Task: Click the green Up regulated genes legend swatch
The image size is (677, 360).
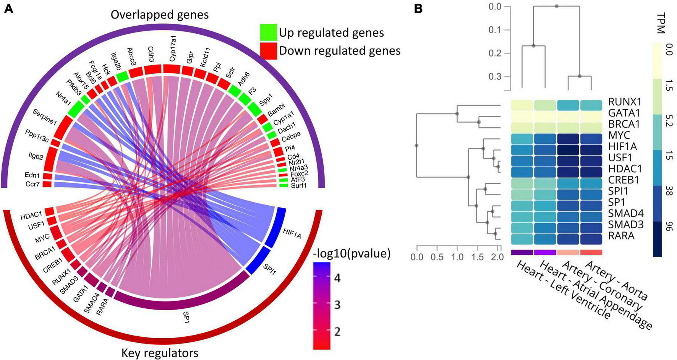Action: [268, 32]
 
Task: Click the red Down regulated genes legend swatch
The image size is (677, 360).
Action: [268, 51]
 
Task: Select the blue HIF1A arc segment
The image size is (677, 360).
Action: [276, 227]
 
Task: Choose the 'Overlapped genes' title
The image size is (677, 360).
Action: [160, 15]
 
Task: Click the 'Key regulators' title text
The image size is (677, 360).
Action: [160, 353]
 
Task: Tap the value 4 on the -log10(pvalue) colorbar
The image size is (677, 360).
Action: [337, 278]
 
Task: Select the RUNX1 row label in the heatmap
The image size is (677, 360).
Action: [624, 102]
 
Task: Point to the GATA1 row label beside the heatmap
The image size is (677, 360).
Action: [624, 113]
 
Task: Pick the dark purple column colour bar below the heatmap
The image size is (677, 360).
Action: [522, 252]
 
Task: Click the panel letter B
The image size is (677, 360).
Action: [418, 8]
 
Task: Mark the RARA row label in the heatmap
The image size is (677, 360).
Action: [622, 236]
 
